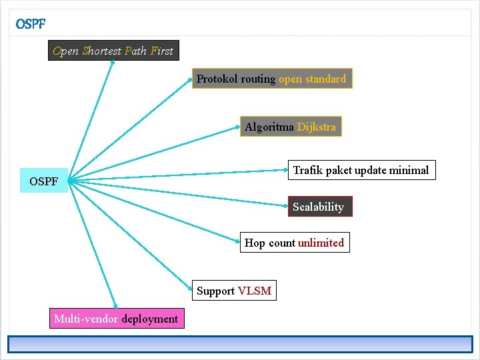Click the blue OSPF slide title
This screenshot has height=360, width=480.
pyautogui.click(x=31, y=24)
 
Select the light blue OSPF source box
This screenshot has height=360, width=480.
pyautogui.click(x=44, y=180)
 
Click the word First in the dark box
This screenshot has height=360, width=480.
pyautogui.click(x=162, y=51)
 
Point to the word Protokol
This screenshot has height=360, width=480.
pyautogui.click(x=217, y=79)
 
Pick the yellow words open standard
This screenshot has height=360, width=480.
pyautogui.click(x=312, y=79)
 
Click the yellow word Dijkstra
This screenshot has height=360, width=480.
pyautogui.click(x=317, y=127)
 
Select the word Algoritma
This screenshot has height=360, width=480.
pyautogui.click(x=269, y=127)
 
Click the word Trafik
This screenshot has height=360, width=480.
pyautogui.click(x=308, y=170)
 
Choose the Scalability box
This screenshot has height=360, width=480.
pyautogui.click(x=320, y=206)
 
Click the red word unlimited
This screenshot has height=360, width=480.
pyautogui.click(x=321, y=243)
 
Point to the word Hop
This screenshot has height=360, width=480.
pyautogui.click(x=255, y=243)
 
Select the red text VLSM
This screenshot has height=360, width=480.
pyautogui.click(x=255, y=291)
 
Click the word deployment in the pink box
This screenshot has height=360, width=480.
pyautogui.click(x=150, y=319)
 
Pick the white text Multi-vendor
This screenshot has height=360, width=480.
pyautogui.click(x=86, y=319)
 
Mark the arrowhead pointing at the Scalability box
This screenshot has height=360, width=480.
pyautogui.click(x=286, y=206)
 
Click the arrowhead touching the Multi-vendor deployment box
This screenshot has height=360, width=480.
pyautogui.click(x=115, y=306)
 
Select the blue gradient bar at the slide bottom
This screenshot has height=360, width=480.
pyautogui.click(x=240, y=345)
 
